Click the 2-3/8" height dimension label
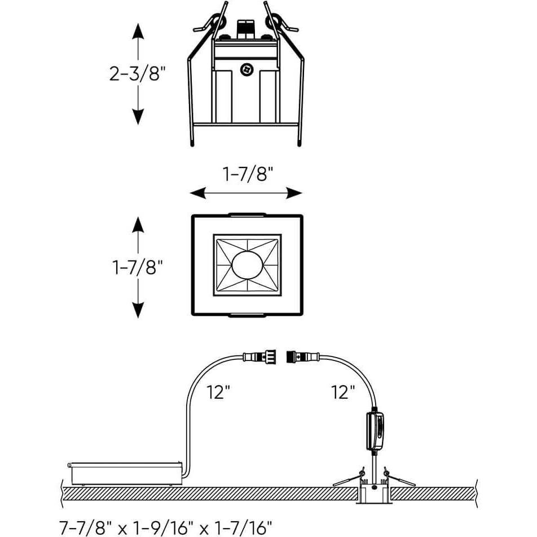click(x=138, y=74)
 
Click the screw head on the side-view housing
click(x=246, y=69)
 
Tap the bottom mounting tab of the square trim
click(x=247, y=315)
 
